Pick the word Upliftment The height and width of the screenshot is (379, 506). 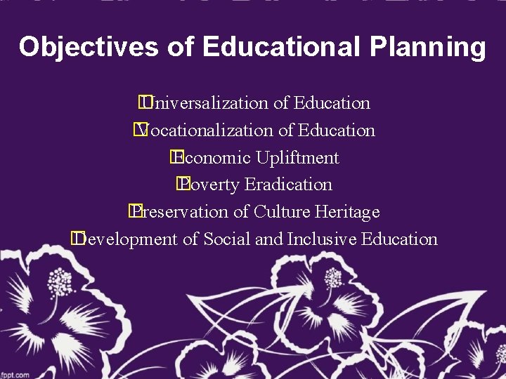[x=297, y=158]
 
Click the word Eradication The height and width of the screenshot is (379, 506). [x=288, y=185]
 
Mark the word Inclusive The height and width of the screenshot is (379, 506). [x=321, y=239]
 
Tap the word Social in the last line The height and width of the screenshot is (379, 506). [x=226, y=239]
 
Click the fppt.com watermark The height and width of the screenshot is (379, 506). [x=15, y=374]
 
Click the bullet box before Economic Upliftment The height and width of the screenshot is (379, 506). [x=174, y=157]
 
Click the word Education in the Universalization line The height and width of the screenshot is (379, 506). [x=332, y=103]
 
